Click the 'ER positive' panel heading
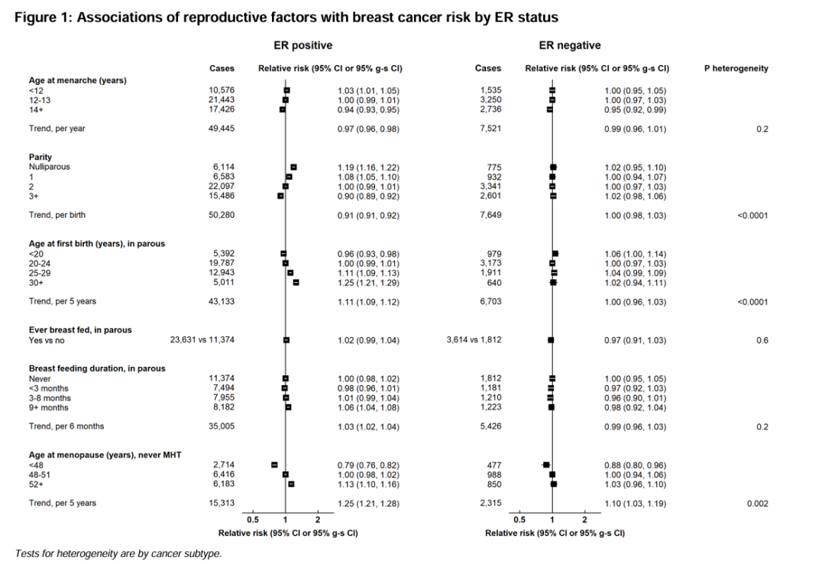(x=302, y=46)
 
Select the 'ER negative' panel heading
(x=569, y=46)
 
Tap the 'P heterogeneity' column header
(x=736, y=69)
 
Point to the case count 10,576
(x=222, y=90)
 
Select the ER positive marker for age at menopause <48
(x=274, y=465)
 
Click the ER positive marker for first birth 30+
(x=296, y=283)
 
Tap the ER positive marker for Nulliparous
(x=293, y=167)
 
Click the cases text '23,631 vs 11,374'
(x=202, y=341)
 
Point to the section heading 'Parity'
(x=40, y=157)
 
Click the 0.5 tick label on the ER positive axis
(x=253, y=520)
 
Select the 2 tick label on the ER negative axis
(x=584, y=520)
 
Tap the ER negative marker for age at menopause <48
(x=546, y=465)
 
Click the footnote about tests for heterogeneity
(x=118, y=553)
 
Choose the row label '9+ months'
(x=49, y=407)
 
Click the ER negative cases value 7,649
(x=489, y=216)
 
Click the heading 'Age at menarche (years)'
(x=77, y=80)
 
